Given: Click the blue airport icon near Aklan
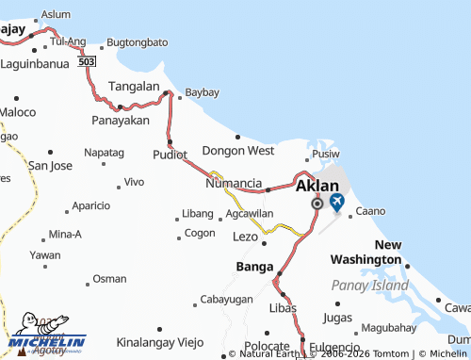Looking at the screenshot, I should [336, 202].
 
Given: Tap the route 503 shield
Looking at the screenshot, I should [88, 59].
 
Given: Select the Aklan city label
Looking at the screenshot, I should [317, 186].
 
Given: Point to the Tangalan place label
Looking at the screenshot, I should [135, 85].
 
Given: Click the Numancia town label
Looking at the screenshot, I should [234, 183].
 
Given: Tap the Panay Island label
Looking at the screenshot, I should [369, 285].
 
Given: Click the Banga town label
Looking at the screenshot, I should [254, 266].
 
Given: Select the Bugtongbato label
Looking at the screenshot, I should [138, 42].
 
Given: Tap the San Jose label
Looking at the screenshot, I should [50, 165].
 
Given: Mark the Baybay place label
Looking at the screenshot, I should [202, 92].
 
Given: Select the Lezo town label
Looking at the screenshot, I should [245, 236].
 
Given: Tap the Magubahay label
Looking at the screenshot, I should [388, 328].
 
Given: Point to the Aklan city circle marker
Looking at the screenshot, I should [317, 204].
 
